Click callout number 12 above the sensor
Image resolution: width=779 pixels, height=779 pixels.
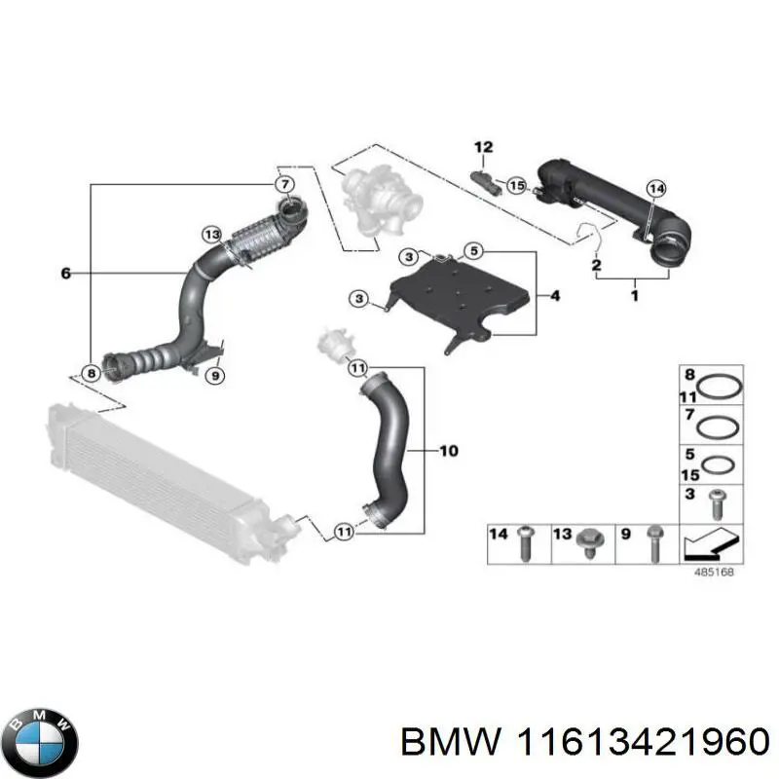click(x=484, y=148)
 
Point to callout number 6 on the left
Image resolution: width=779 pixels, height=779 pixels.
click(x=65, y=275)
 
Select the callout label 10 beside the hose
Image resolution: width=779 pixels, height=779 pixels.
click(x=448, y=451)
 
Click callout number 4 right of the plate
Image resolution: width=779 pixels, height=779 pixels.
click(x=554, y=294)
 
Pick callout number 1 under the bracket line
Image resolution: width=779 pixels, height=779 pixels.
click(x=634, y=294)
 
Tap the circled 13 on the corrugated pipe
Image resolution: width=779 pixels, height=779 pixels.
click(x=211, y=233)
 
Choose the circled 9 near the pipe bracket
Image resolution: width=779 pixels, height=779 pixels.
click(x=216, y=374)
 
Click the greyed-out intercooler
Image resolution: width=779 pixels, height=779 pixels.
click(x=156, y=477)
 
